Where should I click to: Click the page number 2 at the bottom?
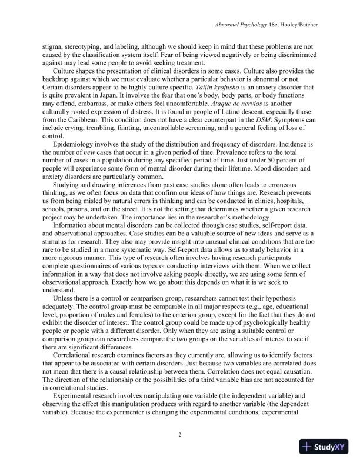pos(180,434)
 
